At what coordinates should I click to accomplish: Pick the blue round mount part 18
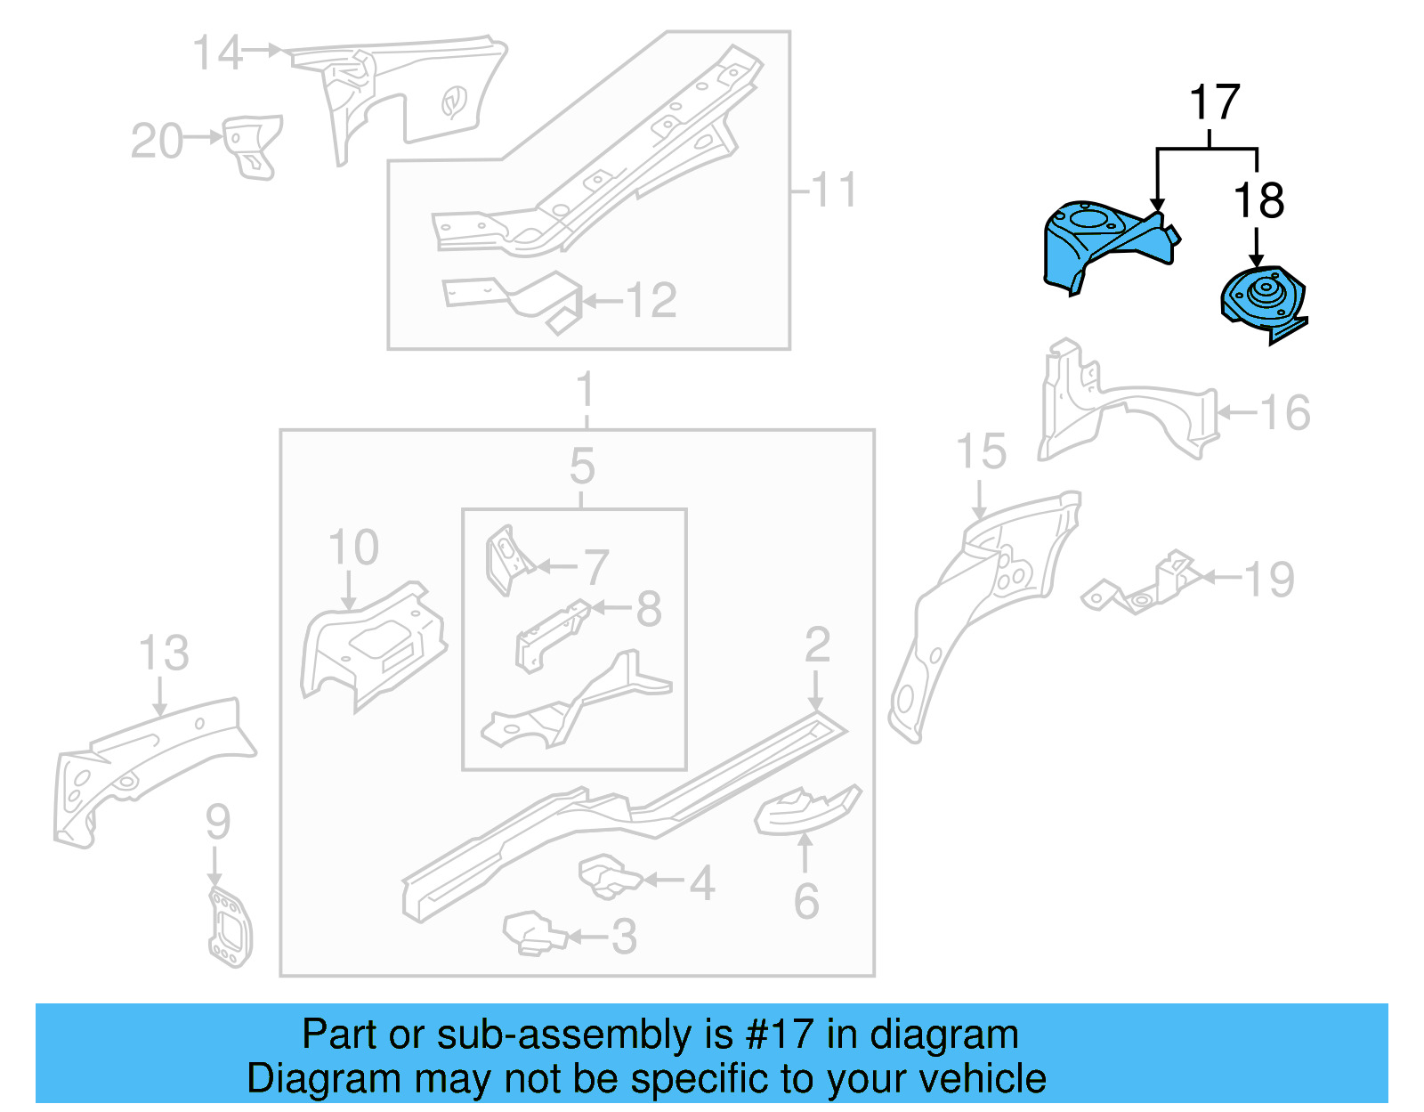point(1263,301)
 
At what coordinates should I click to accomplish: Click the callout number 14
point(217,53)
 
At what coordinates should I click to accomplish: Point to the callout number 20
point(157,141)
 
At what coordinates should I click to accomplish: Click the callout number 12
point(651,301)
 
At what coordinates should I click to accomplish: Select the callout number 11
point(834,190)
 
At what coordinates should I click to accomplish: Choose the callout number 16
point(1285,413)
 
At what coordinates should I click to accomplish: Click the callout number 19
point(1268,580)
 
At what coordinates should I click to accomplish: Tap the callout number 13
point(164,653)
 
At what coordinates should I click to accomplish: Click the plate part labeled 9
point(230,926)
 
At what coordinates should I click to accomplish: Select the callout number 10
point(353,548)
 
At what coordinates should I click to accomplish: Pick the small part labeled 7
point(506,558)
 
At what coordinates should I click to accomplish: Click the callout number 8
point(649,610)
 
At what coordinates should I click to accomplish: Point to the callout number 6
point(806,902)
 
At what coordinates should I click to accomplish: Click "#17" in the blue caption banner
point(779,1035)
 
